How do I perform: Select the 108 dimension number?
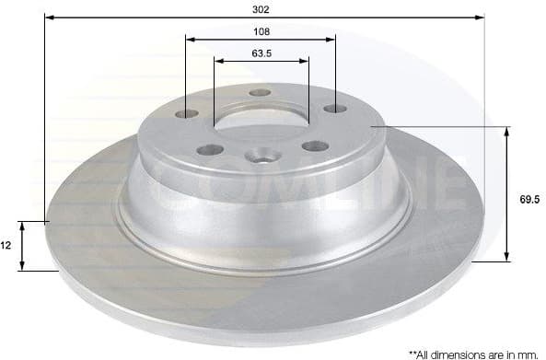[261, 30]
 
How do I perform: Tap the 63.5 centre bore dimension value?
[261, 53]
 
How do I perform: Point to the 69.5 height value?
[528, 197]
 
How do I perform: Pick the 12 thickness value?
[7, 247]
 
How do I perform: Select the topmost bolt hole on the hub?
[261, 93]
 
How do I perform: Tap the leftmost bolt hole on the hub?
[187, 113]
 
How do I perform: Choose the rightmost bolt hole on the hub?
[333, 110]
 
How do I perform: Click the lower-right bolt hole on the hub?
[314, 145]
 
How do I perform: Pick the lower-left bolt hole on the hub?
[208, 149]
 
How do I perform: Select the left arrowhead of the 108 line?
[190, 39]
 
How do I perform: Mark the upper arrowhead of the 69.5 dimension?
[507, 133]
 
